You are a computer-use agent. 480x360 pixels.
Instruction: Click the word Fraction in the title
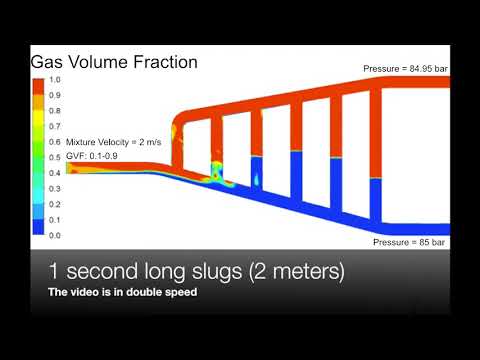(x=162, y=62)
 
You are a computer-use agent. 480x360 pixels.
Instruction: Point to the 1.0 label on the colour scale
(x=56, y=79)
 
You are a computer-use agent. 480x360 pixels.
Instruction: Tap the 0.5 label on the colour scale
(x=56, y=157)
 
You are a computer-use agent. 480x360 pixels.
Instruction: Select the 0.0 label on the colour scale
(x=56, y=235)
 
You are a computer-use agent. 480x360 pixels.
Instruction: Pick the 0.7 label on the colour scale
(x=56, y=126)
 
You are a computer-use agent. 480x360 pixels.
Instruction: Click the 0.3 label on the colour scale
(x=56, y=188)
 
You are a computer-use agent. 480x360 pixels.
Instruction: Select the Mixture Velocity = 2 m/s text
(x=114, y=142)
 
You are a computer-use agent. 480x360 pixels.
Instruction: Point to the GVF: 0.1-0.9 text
(x=97, y=156)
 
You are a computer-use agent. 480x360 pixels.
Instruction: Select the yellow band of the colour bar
(x=40, y=126)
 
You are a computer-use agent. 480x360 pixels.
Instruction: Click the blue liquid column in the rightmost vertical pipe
(x=376, y=200)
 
